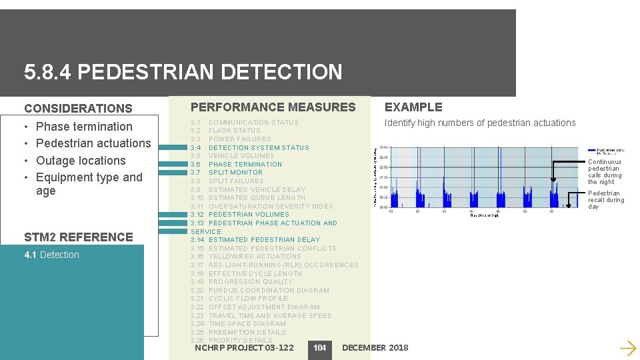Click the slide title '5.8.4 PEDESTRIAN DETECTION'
(183, 72)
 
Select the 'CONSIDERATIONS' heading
(78, 108)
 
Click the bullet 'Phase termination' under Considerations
(84, 127)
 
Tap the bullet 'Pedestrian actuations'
(93, 143)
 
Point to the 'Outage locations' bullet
(81, 161)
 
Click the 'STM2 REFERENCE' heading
(79, 237)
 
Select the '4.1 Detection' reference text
(51, 255)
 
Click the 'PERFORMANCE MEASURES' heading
(273, 107)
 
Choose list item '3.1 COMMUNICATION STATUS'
(245, 123)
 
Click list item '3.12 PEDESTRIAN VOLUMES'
(240, 215)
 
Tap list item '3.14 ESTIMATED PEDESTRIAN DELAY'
(255, 239)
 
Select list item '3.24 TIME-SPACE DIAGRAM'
(238, 323)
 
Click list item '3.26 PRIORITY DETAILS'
(232, 340)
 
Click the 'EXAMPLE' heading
(413, 107)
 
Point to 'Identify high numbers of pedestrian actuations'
(480, 123)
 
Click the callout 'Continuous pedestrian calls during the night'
(605, 171)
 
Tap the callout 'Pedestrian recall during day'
(605, 199)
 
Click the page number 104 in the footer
(320, 348)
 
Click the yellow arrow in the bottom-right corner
(627, 347)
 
